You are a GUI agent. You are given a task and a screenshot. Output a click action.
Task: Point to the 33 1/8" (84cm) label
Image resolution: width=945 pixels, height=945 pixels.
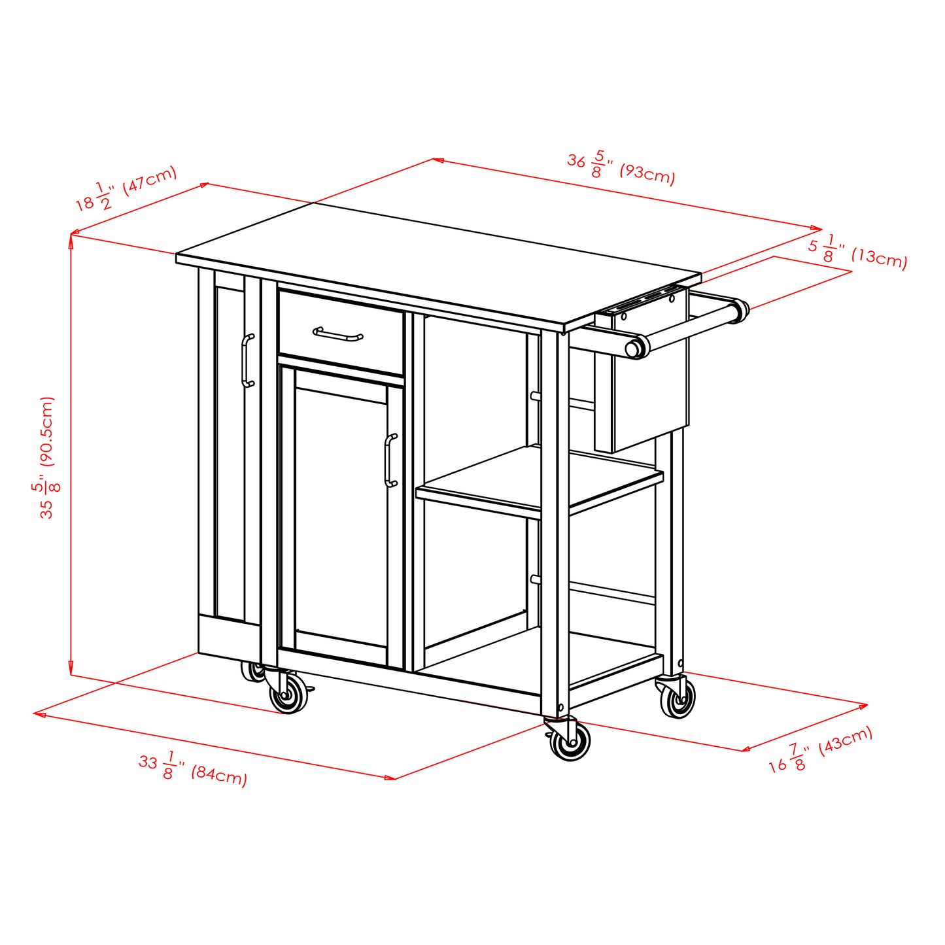coord(192,768)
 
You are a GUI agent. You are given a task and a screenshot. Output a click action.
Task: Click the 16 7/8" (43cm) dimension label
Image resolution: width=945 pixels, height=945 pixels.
coord(820,749)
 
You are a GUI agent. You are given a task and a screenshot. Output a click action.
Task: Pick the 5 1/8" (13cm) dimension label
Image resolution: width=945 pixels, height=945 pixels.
coord(857,251)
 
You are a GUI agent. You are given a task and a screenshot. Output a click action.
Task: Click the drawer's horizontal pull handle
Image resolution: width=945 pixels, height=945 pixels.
coord(337,335)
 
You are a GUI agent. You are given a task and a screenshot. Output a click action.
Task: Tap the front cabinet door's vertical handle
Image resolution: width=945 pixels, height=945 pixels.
coord(390,460)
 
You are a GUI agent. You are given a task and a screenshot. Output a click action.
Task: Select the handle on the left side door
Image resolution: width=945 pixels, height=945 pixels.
coord(247,360)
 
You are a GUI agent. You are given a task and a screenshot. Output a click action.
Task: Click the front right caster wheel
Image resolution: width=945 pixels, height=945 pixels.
coord(569,742)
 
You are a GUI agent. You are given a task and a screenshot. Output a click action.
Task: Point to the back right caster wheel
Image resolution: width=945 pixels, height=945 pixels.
coord(678,700)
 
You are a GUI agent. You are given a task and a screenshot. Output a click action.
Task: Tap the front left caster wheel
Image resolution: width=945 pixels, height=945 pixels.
coord(288,695)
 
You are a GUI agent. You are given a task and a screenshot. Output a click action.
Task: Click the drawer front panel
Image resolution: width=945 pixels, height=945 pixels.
coord(340,335)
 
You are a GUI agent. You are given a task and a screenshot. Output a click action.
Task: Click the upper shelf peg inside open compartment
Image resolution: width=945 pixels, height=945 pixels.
coord(535,396)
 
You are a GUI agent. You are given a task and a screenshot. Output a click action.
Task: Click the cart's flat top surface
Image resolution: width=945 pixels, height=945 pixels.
coord(438,262)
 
